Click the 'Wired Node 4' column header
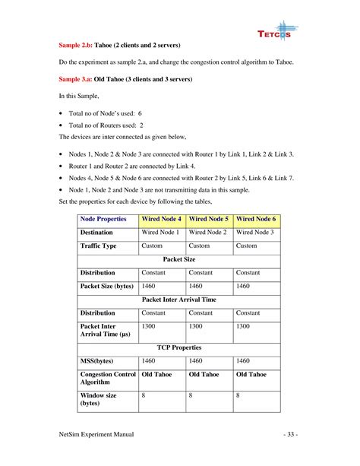point(162,219)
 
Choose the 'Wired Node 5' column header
point(209,219)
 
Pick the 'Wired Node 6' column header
point(256,219)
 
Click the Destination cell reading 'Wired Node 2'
point(207,232)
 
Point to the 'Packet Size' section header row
point(179,259)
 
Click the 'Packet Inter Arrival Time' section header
point(179,300)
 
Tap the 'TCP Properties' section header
point(179,347)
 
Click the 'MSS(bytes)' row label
point(96,361)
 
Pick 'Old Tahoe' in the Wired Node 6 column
point(251,375)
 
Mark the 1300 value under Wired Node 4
point(150,326)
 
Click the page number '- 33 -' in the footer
point(291,434)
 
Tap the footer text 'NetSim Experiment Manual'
point(96,434)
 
